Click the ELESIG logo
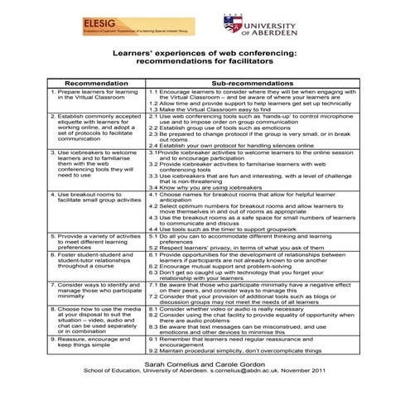coord(137,27)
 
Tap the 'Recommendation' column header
coord(95,84)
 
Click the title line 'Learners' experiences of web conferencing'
coord(204,52)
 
